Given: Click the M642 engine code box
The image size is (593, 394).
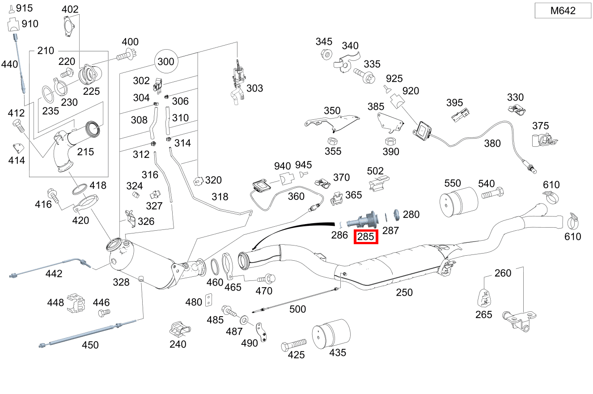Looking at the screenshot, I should click(x=563, y=11).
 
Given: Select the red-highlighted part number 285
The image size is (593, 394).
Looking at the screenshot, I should click(x=366, y=237).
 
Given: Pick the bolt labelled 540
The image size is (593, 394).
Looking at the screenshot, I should click(x=492, y=195).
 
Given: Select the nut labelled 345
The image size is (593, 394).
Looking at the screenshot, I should click(x=326, y=55).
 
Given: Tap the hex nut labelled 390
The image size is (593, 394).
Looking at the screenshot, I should click(x=389, y=141).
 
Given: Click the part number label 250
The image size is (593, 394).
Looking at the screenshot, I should click(x=404, y=292).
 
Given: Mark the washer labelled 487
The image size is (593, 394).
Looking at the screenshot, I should click(x=244, y=320).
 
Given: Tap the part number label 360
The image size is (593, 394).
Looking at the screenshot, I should click(x=296, y=196).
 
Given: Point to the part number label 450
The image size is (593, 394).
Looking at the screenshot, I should click(x=90, y=345).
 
